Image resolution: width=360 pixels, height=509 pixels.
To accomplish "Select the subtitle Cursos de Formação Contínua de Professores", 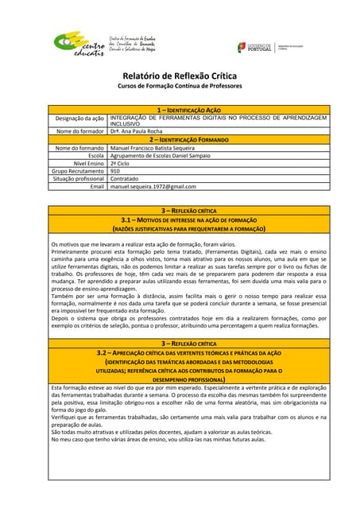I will pos(180,86).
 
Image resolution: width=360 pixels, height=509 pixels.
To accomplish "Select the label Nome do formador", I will pos(80,130).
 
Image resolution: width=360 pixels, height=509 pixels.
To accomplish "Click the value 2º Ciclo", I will pos(121,163).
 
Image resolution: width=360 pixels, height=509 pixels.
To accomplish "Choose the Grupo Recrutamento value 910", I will pos(115,170).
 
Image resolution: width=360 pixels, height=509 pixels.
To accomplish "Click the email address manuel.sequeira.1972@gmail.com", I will pos(153,186).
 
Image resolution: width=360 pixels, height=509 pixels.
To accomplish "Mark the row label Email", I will pos(97,186).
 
